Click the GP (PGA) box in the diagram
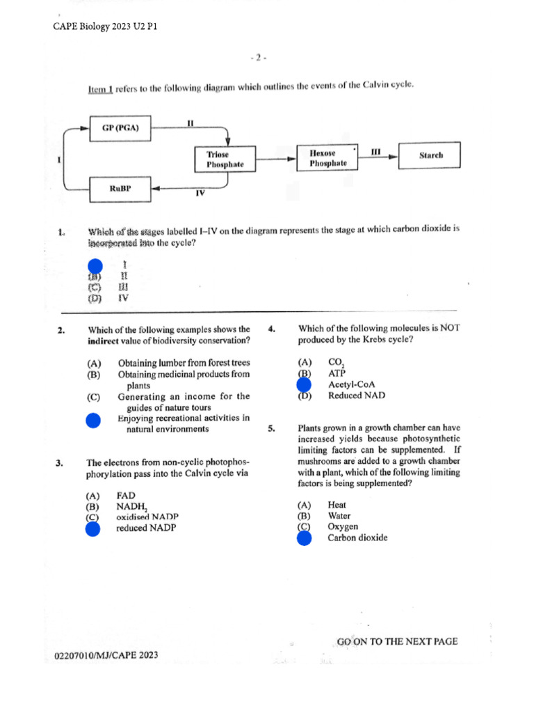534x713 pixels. tap(121, 128)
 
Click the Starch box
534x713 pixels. tap(430, 156)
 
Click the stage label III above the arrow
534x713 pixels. tap(375, 150)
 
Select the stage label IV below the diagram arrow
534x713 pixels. tap(200, 194)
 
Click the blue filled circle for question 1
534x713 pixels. tap(95, 265)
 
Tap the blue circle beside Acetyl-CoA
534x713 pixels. tap(304, 384)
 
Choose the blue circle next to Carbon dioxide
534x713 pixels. tap(304, 538)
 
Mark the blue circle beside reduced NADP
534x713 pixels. tap(92, 528)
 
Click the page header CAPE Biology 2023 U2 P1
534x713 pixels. tap(106, 26)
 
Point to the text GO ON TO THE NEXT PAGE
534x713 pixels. tap(397, 641)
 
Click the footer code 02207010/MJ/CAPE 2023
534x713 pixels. tap(106, 656)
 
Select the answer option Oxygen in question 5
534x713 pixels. tap(343, 527)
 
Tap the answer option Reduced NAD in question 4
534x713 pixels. tap(355, 395)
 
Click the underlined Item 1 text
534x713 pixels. tap(100, 88)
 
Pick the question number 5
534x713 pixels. tap(272, 429)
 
